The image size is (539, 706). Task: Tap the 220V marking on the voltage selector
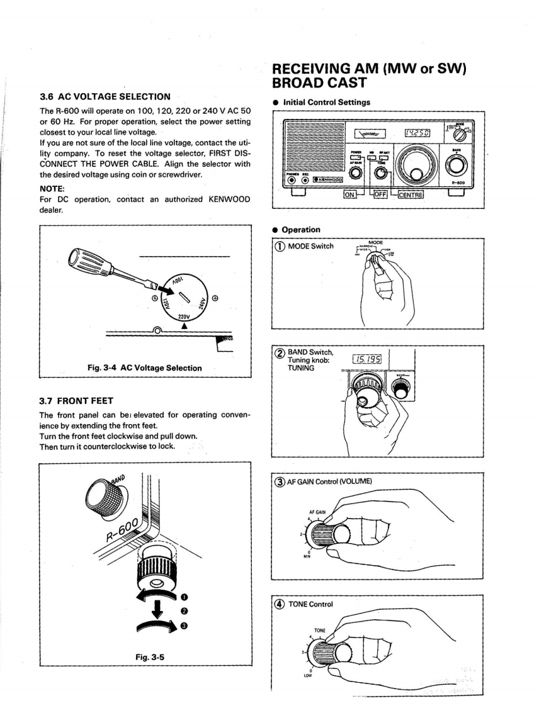[184, 317]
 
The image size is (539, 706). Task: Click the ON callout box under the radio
[350, 194]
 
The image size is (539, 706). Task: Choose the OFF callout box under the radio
[380, 194]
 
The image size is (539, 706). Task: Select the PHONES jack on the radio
[292, 181]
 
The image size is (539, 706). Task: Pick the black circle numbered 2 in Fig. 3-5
[184, 611]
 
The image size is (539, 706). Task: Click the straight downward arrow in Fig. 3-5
[157, 607]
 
